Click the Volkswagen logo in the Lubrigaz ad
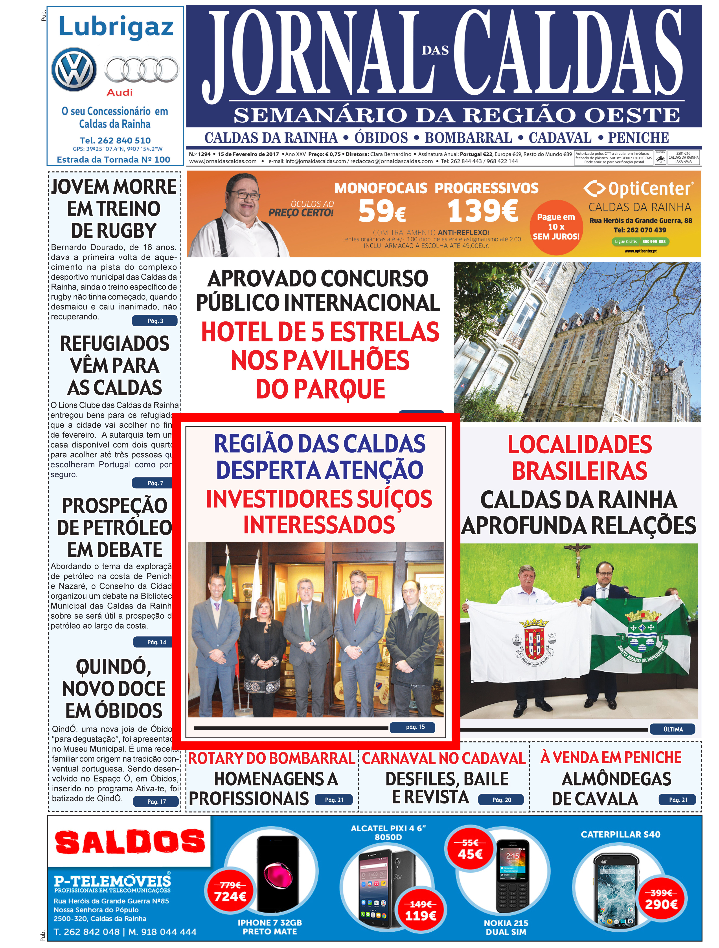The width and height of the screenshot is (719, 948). [74, 70]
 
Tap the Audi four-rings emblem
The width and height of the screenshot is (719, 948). [142, 70]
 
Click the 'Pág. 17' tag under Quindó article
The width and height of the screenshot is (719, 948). [156, 801]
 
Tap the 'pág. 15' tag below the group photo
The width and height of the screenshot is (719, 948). [415, 727]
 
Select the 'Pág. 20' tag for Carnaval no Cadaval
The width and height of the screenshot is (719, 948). [501, 800]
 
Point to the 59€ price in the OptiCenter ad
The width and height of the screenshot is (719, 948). [382, 211]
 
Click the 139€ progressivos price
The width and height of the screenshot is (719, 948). [482, 210]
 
